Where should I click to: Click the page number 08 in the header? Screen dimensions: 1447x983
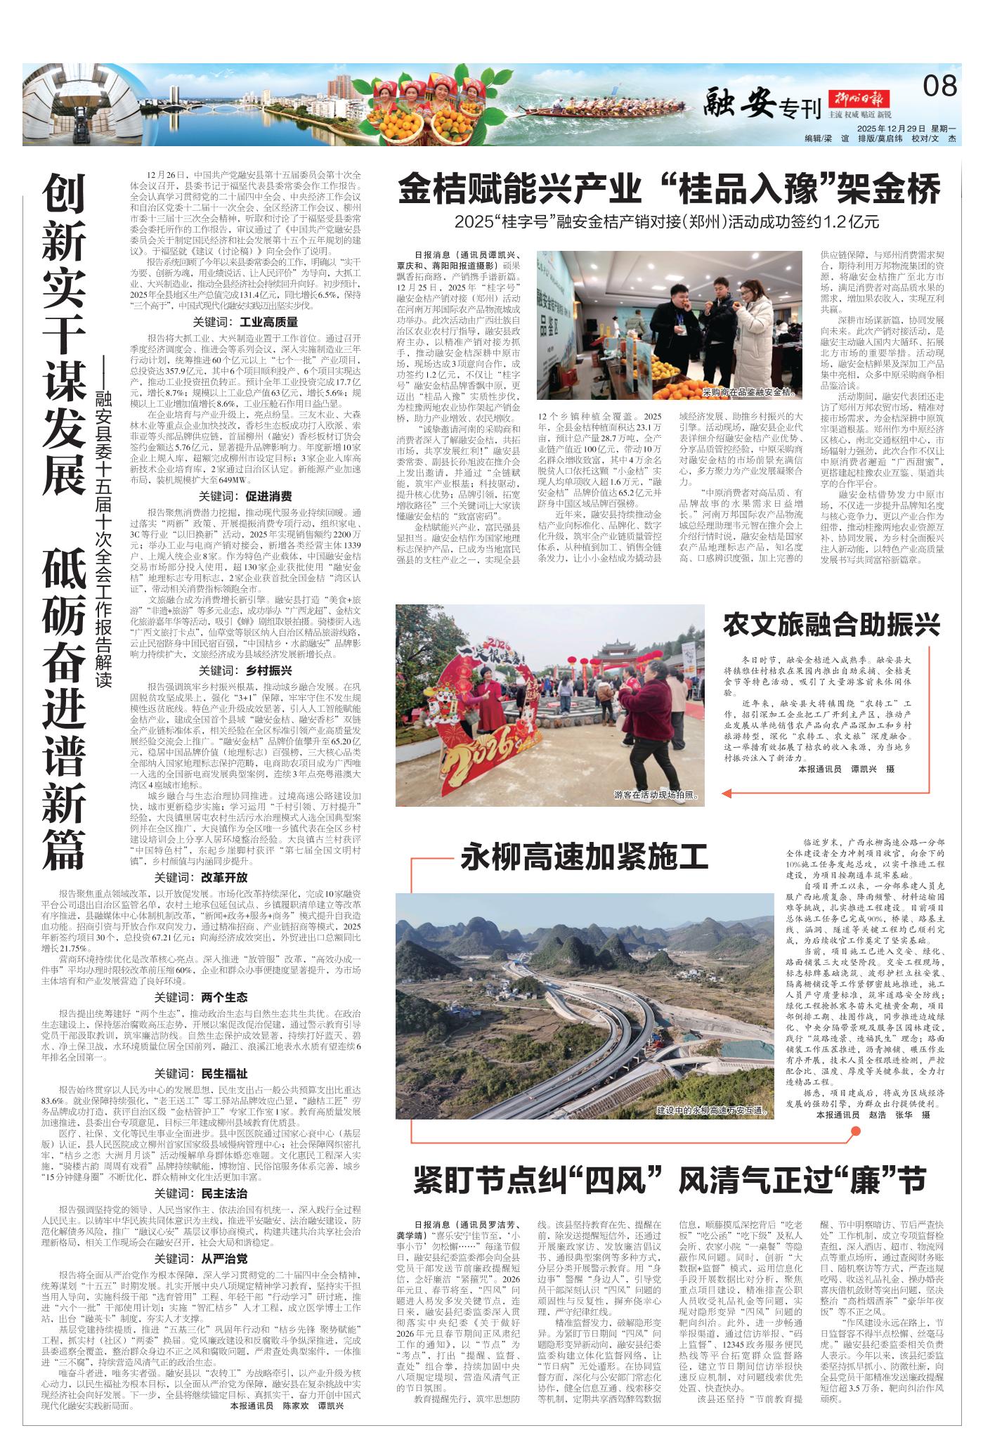pos(939,86)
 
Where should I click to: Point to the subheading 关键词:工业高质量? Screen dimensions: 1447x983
pos(245,322)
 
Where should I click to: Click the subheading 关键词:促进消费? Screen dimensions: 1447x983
pos(245,496)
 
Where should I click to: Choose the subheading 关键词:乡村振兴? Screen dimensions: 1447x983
pos(245,670)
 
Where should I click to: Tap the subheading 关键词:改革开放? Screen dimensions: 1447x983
pos(202,878)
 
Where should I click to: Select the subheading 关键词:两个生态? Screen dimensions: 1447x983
pos(202,997)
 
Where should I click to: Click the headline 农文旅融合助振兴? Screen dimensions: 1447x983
pos(831,625)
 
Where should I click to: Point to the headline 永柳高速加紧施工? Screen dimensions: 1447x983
pos(585,858)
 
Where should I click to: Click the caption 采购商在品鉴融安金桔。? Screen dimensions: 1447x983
pos(750,391)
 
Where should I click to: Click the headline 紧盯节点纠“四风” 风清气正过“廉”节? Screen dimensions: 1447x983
pos(669,1181)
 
